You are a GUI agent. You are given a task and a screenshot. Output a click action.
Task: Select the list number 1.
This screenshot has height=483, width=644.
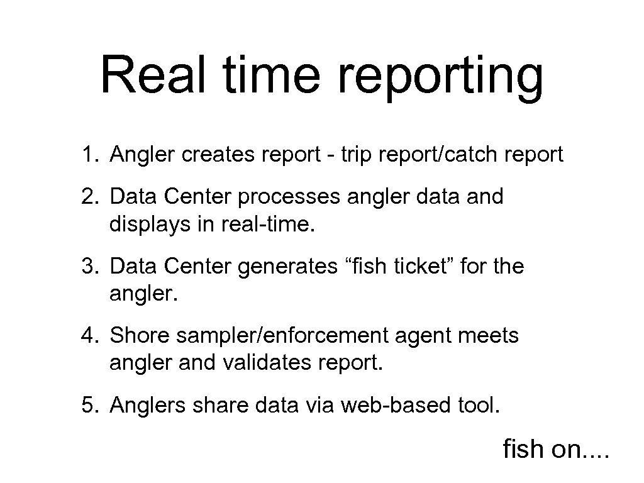point(87,155)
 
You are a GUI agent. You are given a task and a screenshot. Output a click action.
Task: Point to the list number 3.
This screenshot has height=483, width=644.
point(87,267)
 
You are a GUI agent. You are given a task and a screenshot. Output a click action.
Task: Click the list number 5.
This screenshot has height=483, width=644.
point(87,406)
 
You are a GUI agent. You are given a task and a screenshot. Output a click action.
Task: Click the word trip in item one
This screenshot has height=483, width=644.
point(356,155)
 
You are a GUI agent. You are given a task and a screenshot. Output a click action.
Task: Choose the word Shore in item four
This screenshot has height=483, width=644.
point(140,336)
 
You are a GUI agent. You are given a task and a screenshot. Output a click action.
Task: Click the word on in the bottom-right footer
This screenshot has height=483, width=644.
point(564,449)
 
